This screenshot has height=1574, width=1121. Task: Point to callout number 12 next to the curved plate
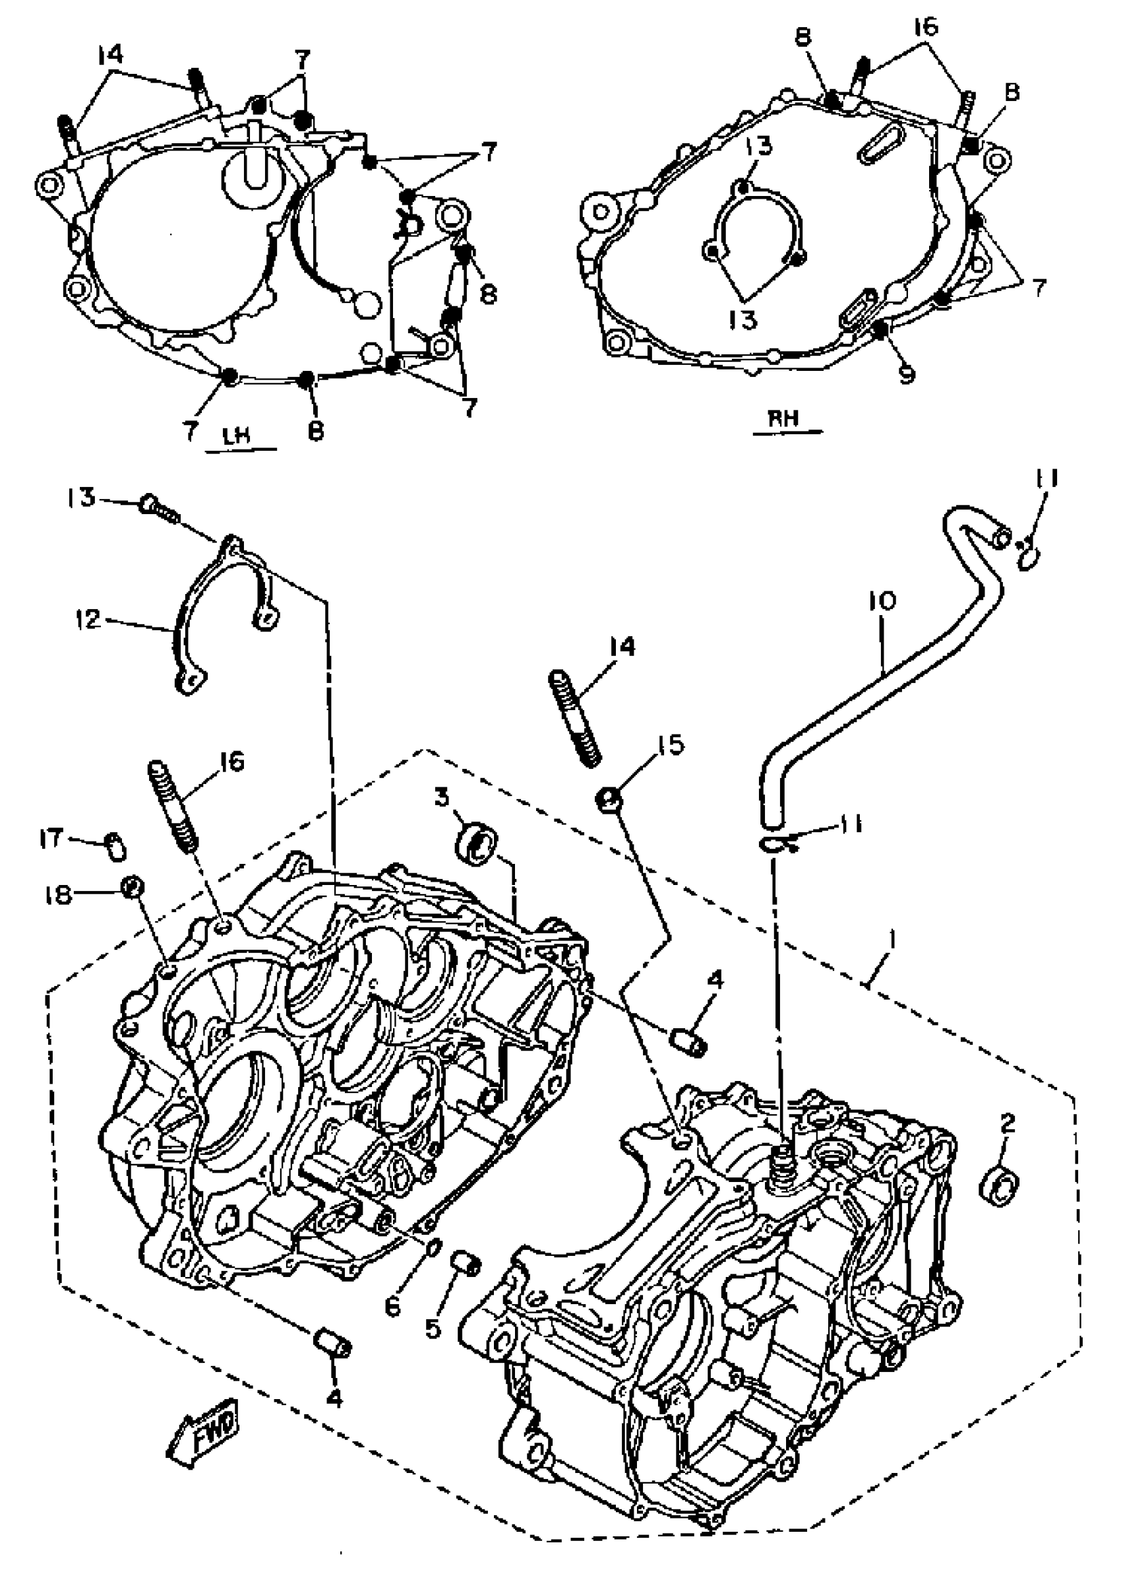[x=89, y=618]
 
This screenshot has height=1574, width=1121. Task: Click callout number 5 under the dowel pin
[x=433, y=1328]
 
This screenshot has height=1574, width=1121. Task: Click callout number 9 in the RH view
[x=906, y=375]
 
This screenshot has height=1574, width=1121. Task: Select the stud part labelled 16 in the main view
[x=173, y=804]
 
